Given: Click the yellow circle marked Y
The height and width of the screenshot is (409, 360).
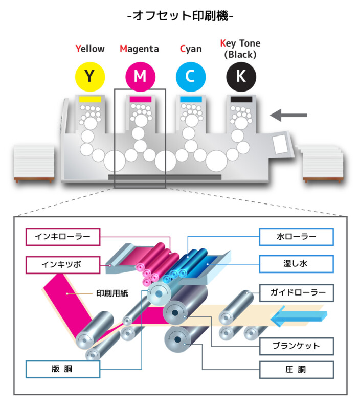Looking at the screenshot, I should point(90,76).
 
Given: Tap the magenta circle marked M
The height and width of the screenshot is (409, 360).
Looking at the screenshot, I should point(140,76).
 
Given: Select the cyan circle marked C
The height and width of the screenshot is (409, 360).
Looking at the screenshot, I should point(190,76).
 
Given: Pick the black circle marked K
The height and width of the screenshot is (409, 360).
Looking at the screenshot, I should point(240,76).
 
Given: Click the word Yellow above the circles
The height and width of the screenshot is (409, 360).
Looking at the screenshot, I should point(90,49).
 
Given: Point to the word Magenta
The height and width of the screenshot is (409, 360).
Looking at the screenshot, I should point(140,49).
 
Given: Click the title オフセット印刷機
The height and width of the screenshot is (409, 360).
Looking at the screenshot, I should point(180,16).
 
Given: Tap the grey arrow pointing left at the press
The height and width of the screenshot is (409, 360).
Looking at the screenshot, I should point(289,116).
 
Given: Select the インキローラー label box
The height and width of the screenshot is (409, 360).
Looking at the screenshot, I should point(62,237).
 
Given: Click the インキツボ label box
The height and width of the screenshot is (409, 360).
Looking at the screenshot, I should point(62,265).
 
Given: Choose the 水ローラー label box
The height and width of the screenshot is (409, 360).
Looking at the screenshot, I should point(296,237).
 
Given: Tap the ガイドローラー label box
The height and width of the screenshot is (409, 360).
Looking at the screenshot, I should point(296,293).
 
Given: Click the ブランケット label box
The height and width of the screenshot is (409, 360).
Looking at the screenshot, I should point(296,346).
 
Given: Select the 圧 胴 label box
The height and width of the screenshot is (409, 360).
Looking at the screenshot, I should point(296,369).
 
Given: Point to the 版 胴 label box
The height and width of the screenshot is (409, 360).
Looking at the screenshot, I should point(62,369).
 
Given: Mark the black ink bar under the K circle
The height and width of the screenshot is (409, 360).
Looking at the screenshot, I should point(240,99).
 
